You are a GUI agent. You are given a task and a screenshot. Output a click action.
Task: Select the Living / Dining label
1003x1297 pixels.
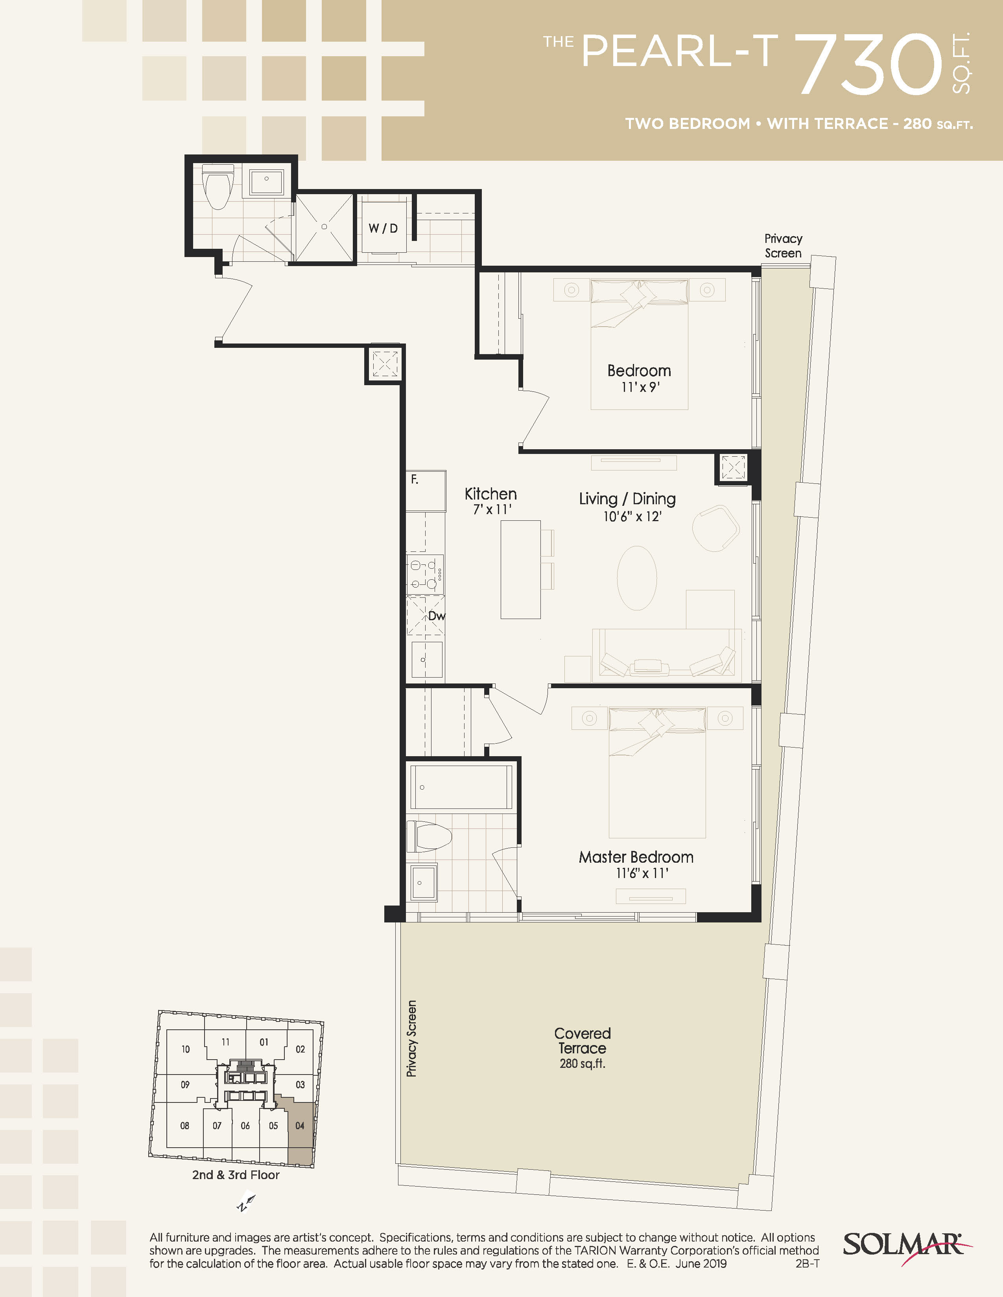(627, 499)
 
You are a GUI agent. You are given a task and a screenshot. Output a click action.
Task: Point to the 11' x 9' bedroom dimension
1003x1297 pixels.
(640, 387)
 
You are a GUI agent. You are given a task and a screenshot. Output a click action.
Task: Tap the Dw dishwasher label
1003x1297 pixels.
(437, 616)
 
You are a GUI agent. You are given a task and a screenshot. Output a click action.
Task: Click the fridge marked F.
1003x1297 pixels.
(426, 491)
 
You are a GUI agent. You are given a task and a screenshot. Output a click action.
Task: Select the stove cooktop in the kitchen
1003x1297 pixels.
(425, 574)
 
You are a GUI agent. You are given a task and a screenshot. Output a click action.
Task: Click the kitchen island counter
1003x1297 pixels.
(520, 570)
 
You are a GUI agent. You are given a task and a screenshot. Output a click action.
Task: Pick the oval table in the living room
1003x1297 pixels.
(637, 578)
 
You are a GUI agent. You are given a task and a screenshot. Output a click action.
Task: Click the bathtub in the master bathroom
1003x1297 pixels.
(461, 787)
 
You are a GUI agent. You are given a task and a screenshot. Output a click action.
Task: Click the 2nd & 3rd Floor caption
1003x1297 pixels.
(236, 1175)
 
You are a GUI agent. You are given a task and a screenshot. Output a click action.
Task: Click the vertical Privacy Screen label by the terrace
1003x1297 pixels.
(411, 1039)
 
